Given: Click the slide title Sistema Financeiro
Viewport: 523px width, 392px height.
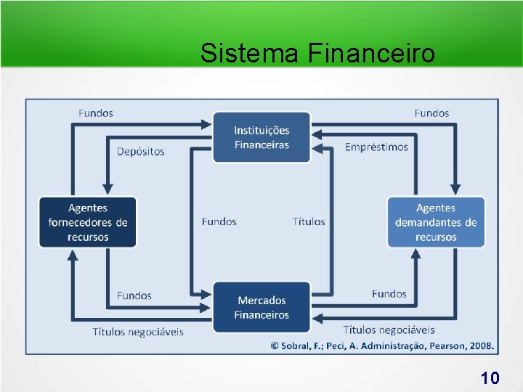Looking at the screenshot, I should tap(317, 53).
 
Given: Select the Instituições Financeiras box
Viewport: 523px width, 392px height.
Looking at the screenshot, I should tap(261, 137).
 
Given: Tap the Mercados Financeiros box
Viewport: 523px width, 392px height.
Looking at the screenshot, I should tap(261, 307).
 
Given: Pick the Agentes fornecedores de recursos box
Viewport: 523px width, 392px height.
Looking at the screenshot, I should tap(88, 222).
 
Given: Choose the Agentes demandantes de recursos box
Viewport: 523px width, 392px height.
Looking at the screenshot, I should tap(436, 222).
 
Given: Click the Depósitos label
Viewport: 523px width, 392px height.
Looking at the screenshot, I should tap(141, 152).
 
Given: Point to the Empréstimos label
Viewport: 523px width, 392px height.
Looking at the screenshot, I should tap(376, 147).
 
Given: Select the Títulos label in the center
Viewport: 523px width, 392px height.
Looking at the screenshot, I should tap(309, 221).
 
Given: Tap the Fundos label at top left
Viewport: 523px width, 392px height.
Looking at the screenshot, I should tap(96, 113).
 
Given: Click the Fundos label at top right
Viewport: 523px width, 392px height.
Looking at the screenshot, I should tap(431, 113).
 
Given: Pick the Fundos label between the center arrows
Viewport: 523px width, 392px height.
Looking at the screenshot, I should tap(219, 221).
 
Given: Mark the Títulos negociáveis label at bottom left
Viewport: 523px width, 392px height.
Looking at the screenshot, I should tap(138, 332).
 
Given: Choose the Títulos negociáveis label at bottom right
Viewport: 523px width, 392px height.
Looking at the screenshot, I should tap(389, 330).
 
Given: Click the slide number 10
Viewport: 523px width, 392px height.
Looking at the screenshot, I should tap(490, 377).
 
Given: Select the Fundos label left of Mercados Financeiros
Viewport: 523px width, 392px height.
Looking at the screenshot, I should tap(134, 295).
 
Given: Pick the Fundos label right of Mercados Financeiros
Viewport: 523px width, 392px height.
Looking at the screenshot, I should tap(389, 294).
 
